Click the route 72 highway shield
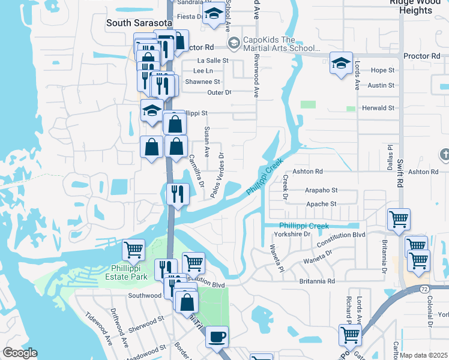click(424, 289)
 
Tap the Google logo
click(20, 353)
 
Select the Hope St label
click(382, 70)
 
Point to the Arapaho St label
click(321, 190)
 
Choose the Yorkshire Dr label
click(292, 234)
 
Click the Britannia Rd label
click(318, 281)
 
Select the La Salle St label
click(213, 61)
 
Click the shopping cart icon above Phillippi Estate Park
click(133, 250)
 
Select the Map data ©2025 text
click(424, 355)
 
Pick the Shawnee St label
click(202, 82)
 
